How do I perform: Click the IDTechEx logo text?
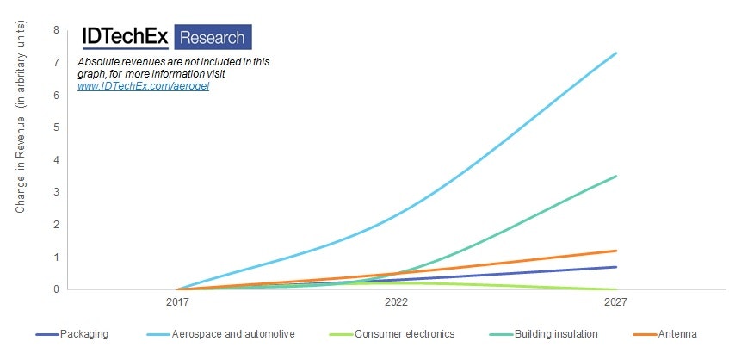[x=125, y=37]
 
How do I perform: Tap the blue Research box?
[x=213, y=37]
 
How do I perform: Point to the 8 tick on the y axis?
[x=57, y=30]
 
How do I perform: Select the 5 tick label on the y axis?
[x=57, y=127]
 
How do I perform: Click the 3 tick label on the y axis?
[x=57, y=192]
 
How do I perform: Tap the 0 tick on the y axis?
[x=57, y=289]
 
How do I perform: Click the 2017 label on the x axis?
[x=176, y=303]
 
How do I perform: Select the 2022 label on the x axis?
[x=396, y=303]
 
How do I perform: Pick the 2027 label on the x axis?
[x=615, y=303]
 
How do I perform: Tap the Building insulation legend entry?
[x=551, y=334]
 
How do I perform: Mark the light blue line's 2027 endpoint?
[x=615, y=53]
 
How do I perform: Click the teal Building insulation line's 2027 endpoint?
[x=615, y=177]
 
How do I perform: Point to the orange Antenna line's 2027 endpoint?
[x=615, y=251]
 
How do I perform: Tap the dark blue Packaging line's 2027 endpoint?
[x=615, y=267]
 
